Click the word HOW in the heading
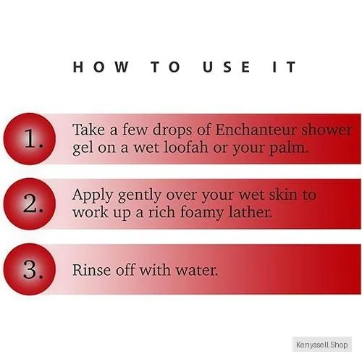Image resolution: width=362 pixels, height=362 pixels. click(x=101, y=67)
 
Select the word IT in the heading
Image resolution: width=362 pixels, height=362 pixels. click(x=284, y=67)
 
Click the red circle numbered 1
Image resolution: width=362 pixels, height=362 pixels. click(x=30, y=139)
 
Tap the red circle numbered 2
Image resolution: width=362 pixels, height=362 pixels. click(x=30, y=204)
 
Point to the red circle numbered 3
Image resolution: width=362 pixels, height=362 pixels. click(x=30, y=269)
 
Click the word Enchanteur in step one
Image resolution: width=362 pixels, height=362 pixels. click(x=256, y=130)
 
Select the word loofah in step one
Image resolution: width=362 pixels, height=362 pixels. click(x=186, y=147)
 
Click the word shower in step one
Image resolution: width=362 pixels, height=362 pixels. click(x=327, y=130)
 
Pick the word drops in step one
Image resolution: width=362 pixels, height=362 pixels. click(x=172, y=131)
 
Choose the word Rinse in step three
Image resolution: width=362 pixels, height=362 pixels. click(x=91, y=269)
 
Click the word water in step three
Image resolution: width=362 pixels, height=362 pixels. click(x=196, y=271)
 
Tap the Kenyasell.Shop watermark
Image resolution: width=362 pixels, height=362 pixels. click(x=322, y=345)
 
